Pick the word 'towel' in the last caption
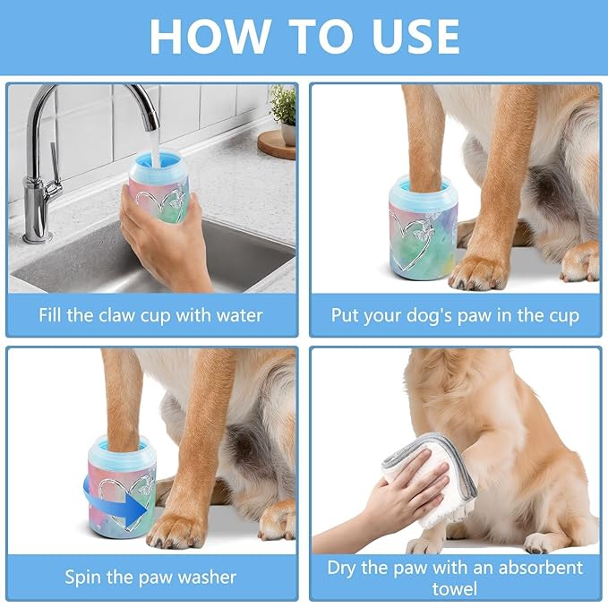tap(454, 588)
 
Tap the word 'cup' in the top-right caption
tap(561, 315)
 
